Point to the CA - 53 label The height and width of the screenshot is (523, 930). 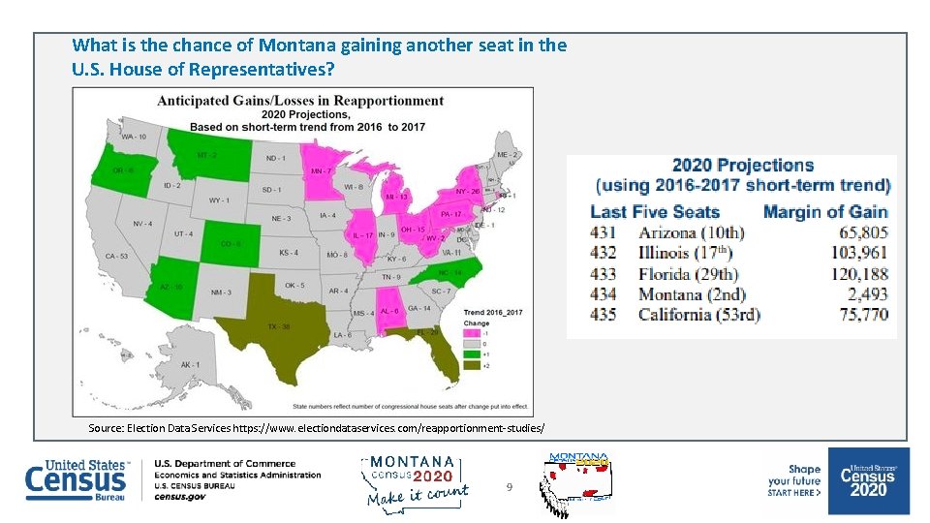[x=117, y=256]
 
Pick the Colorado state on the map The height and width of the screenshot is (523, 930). [x=229, y=241]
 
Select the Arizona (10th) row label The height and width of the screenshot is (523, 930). [x=691, y=232]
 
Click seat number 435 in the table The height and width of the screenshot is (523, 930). [x=603, y=314]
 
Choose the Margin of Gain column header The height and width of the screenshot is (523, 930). [x=825, y=211]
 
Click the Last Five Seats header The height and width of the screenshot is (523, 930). [x=655, y=211]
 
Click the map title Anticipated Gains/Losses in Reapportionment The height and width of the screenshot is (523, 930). [x=300, y=101]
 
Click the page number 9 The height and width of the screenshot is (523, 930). [x=509, y=487]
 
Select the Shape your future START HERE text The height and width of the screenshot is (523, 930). [x=794, y=480]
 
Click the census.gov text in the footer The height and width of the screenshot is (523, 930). [x=179, y=496]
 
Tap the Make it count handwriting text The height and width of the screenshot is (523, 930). [x=417, y=495]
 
